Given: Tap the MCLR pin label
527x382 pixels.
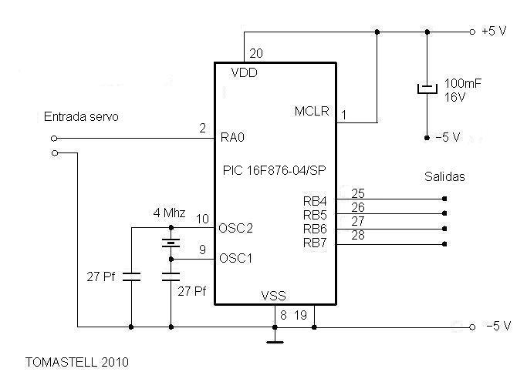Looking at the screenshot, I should pos(312,112).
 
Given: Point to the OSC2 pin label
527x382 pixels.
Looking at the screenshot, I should pos(235,228).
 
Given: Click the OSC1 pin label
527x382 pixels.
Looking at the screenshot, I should pos(235,258).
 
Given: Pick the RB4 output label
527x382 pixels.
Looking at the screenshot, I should pos(316,202).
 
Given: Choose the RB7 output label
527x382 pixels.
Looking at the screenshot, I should pos(316,243).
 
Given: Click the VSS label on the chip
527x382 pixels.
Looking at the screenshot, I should pos(275,295).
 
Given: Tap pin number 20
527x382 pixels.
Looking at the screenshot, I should pos(256,53).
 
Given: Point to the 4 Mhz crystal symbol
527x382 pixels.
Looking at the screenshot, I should pos(171,243).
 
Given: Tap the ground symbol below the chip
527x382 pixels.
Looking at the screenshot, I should pos(275,338).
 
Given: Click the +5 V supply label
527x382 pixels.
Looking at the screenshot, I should pos(494,32).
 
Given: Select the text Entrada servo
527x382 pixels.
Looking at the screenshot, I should pos(80,116).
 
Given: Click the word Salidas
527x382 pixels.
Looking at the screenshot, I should pos(444,176).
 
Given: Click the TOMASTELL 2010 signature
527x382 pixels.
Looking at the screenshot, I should pos(76,361).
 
